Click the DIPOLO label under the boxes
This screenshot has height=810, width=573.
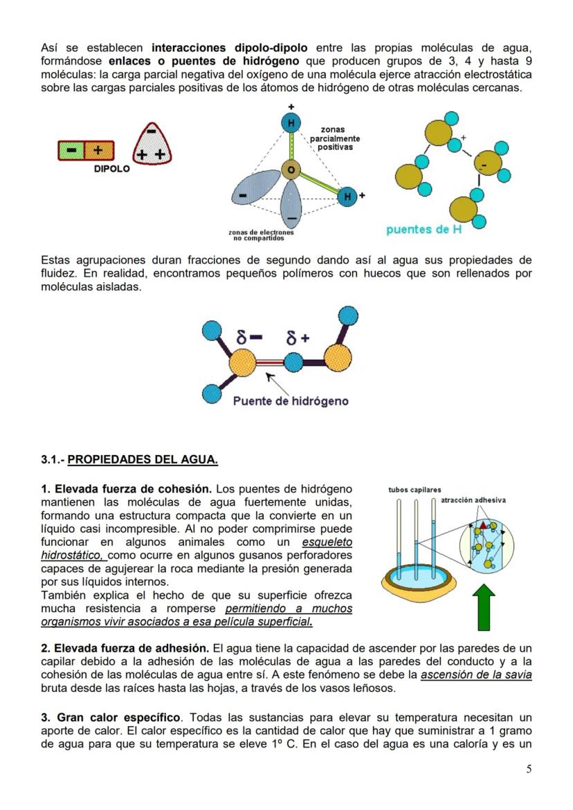pos(111,169)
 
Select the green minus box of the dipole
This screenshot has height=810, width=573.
pos(71,150)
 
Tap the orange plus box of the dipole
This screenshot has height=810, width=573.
pos(98,150)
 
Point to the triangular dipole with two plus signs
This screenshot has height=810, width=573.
pos(151,145)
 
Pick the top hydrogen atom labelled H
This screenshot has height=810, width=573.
pos(291,123)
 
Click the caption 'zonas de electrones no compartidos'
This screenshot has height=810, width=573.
pos(261,236)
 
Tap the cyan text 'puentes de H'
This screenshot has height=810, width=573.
pos(424,230)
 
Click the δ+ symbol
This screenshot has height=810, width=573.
pos(298,338)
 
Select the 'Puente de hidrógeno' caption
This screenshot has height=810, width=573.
pos(290,401)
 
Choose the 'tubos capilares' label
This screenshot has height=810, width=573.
pos(415,490)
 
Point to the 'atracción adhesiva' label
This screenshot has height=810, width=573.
pos(473,499)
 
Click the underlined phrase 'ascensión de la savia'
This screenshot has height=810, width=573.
pos(476,675)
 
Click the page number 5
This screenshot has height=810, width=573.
pos(529,769)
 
